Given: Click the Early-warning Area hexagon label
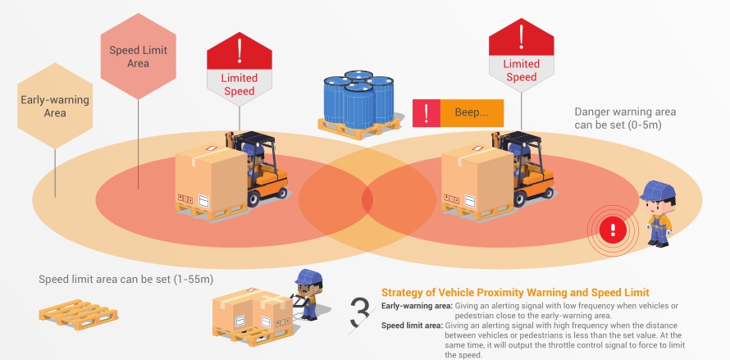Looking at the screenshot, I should pyautogui.click(x=55, y=107).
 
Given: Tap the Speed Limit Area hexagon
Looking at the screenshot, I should pyautogui.click(x=138, y=56).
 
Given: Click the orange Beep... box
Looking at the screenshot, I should pyautogui.click(x=472, y=112).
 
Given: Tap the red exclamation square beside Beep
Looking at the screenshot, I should pyautogui.click(x=426, y=112).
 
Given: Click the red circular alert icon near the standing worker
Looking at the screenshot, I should pyautogui.click(x=612, y=227).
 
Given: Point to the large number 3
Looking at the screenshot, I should pyautogui.click(x=359, y=312).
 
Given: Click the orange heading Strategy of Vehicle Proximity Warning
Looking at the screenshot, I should pyautogui.click(x=515, y=293).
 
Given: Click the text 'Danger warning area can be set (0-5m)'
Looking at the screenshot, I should pyautogui.click(x=618, y=118).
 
